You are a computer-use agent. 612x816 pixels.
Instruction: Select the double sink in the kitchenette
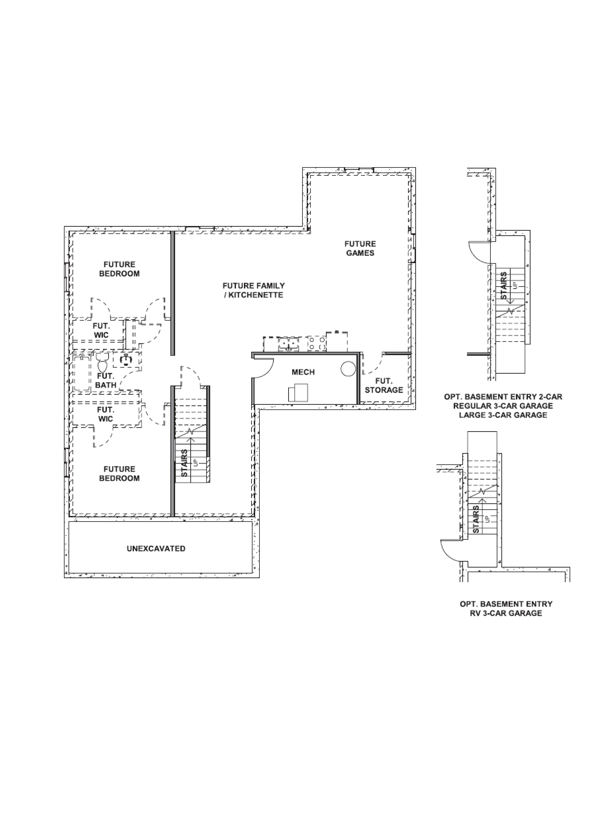(289, 344)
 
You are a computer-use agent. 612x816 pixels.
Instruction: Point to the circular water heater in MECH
(348, 368)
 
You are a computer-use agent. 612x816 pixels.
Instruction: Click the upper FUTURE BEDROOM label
(119, 269)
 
